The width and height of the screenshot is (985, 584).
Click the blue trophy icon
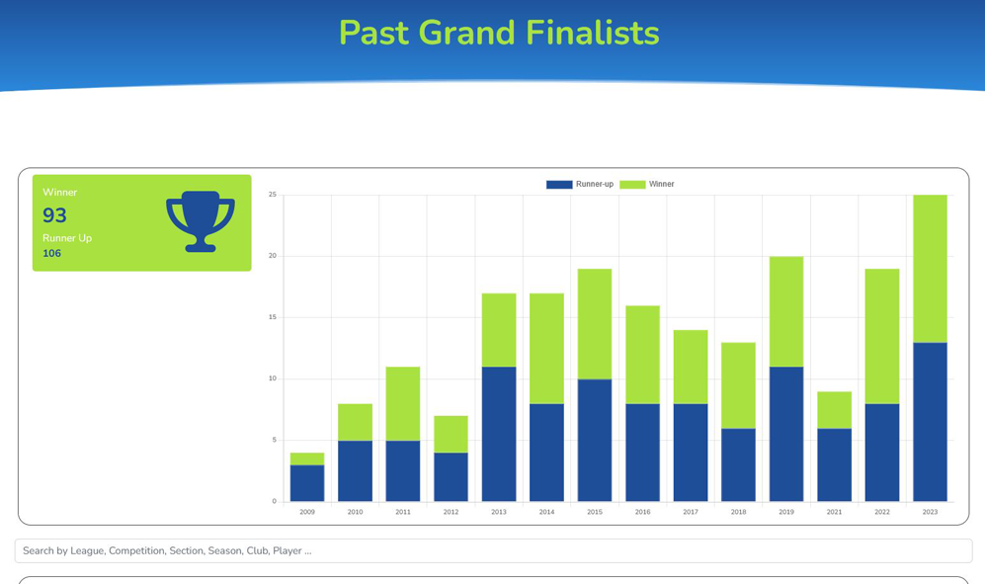tap(201, 221)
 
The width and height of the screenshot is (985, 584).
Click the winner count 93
tap(54, 215)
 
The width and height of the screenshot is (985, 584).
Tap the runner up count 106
tap(51, 253)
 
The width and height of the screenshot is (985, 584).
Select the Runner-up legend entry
tap(580, 184)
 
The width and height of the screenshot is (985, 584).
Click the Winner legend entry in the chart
tap(647, 184)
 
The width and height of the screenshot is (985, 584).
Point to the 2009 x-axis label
tap(307, 512)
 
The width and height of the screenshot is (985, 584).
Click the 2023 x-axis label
tap(930, 512)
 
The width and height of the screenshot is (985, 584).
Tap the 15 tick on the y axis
tap(273, 317)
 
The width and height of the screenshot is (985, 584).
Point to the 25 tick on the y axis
tap(273, 195)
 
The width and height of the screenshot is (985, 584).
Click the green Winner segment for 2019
tap(786, 312)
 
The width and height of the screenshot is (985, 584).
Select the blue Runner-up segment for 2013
tap(499, 434)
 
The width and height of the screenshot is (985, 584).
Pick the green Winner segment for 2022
tap(882, 336)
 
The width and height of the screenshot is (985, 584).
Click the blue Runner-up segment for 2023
tap(930, 422)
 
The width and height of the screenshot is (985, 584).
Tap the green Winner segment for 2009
tap(307, 459)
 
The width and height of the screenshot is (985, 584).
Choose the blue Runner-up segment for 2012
tap(451, 477)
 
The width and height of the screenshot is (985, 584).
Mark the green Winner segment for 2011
tap(403, 403)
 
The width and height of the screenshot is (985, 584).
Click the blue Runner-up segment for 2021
tap(834, 465)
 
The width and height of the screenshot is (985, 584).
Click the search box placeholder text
tap(167, 550)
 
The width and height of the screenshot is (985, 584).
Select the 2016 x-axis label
tap(642, 512)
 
